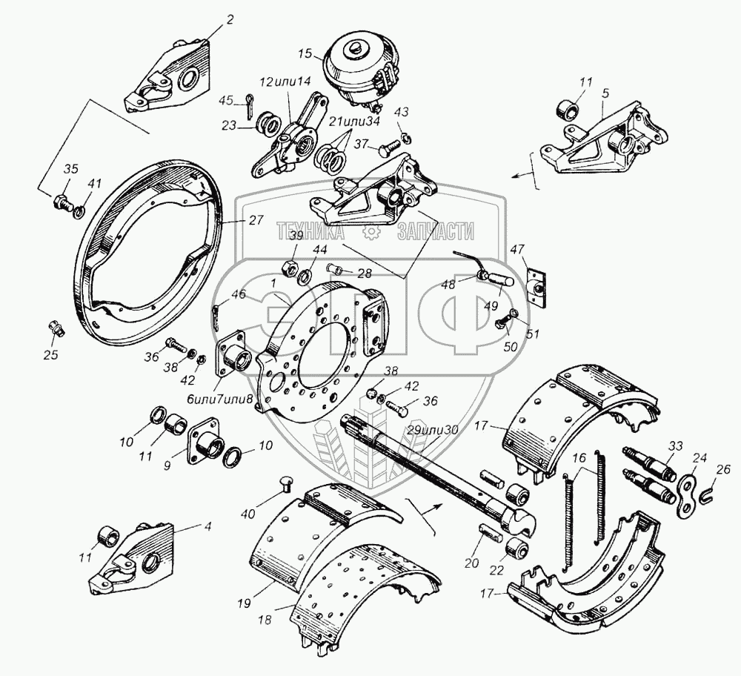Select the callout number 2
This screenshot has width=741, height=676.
[229, 19]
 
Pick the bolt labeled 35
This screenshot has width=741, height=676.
[62, 202]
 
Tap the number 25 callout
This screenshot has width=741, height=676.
[51, 355]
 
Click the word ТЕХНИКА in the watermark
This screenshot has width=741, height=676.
[310, 232]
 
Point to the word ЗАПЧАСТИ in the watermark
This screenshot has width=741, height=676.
[436, 232]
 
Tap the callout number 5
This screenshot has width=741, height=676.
[605, 95]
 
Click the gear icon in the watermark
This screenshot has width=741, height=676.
[368, 231]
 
